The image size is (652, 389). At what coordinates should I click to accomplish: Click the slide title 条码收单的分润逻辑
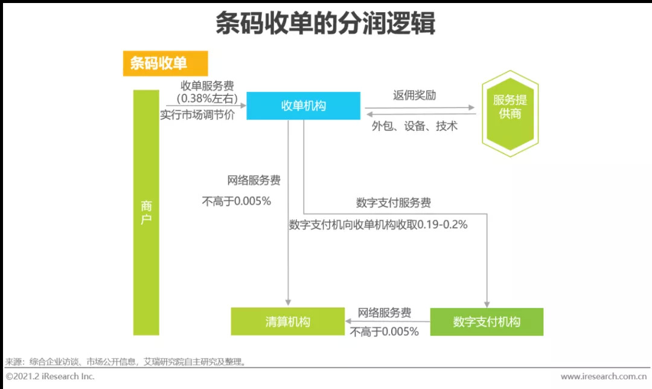[325, 25]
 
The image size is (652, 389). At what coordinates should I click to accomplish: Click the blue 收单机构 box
[304, 106]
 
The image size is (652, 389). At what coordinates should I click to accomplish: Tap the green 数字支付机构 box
[487, 321]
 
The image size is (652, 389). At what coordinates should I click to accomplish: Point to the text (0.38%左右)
[207, 98]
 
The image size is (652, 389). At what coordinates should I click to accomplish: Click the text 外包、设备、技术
[414, 126]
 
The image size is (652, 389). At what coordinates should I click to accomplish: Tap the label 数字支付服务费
[394, 202]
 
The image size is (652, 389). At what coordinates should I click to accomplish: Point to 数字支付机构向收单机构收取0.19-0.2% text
[379, 224]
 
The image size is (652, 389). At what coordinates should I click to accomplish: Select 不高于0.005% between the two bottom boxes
[385, 331]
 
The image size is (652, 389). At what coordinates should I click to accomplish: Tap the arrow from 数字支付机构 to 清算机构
[386, 322]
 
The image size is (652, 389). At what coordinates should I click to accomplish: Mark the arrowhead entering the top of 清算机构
[289, 302]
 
